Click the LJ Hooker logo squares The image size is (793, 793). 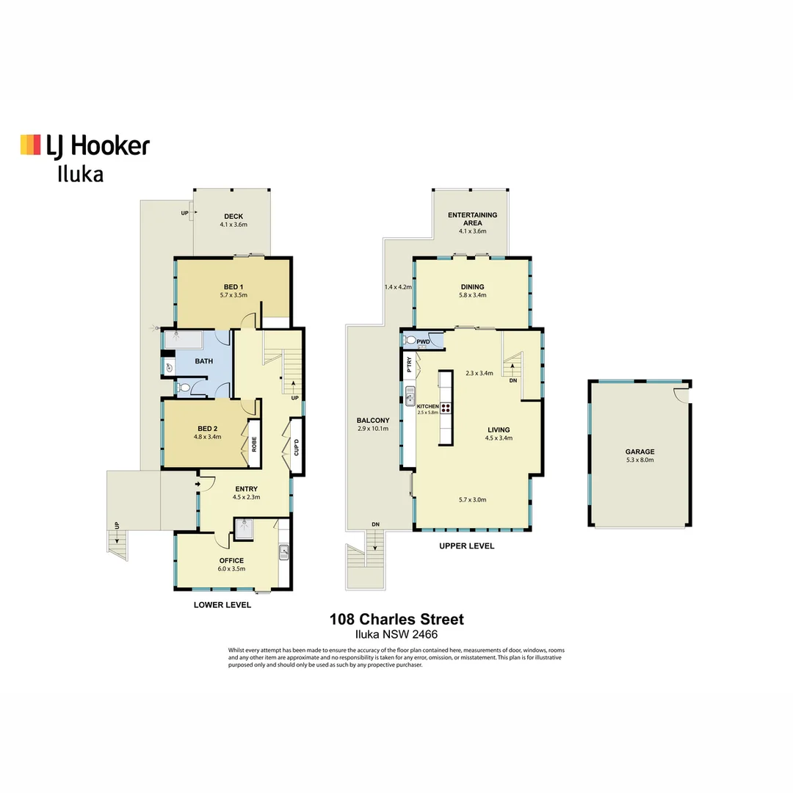30,145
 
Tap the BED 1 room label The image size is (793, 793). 233,286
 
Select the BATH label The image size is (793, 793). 204,361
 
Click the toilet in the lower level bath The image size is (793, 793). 184,388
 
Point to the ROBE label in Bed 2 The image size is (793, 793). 254,443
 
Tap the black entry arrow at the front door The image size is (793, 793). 198,484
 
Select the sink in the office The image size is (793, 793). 283,552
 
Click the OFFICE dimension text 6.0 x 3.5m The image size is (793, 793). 231,569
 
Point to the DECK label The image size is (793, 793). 233,216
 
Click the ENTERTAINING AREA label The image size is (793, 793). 473,219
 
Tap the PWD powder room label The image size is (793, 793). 423,341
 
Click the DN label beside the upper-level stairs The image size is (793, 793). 513,381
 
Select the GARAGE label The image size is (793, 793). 640,452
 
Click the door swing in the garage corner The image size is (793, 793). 682,394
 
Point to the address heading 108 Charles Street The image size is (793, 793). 396,620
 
